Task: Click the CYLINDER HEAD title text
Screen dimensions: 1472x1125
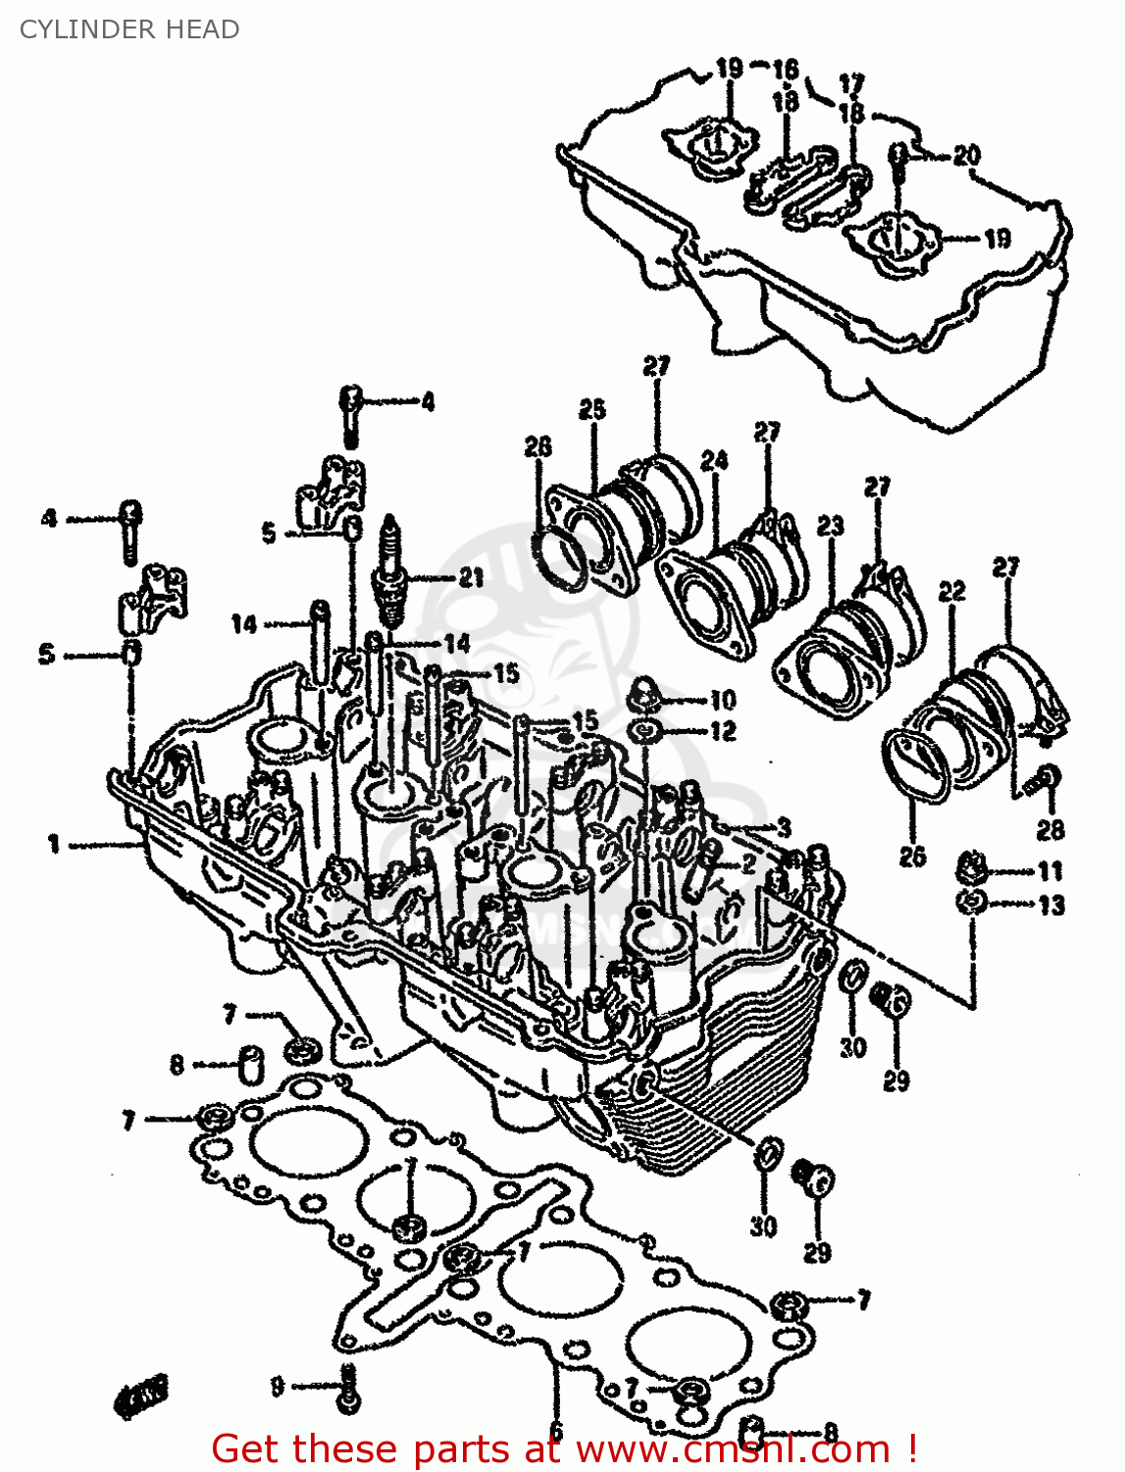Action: click(129, 29)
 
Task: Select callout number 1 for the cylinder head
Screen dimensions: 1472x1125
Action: click(54, 843)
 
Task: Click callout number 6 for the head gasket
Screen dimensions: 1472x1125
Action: click(555, 1430)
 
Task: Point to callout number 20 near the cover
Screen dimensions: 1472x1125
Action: click(966, 155)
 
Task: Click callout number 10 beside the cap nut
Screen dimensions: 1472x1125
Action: click(723, 700)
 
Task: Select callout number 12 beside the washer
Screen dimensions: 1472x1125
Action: click(723, 731)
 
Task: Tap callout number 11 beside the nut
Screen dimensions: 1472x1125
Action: click(1050, 870)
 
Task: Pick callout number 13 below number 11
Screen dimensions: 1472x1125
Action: click(1050, 905)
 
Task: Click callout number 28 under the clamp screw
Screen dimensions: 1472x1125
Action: click(1050, 830)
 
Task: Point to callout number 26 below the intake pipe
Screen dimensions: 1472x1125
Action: click(912, 856)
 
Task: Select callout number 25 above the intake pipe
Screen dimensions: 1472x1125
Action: click(591, 408)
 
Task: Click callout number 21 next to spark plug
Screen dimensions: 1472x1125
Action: click(471, 577)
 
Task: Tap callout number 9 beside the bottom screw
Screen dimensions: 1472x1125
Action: click(278, 1386)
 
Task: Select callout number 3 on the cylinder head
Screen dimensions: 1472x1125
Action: click(784, 826)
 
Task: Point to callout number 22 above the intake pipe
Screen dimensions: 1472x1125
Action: click(951, 591)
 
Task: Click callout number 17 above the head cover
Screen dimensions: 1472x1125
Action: click(851, 83)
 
